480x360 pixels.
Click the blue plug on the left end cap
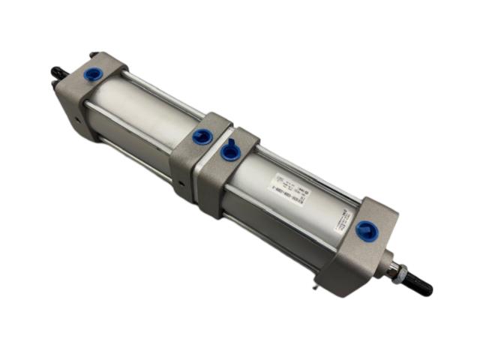pos(94,75)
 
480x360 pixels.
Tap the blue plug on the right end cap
pos(365,230)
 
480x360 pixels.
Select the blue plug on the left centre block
pos(201,136)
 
